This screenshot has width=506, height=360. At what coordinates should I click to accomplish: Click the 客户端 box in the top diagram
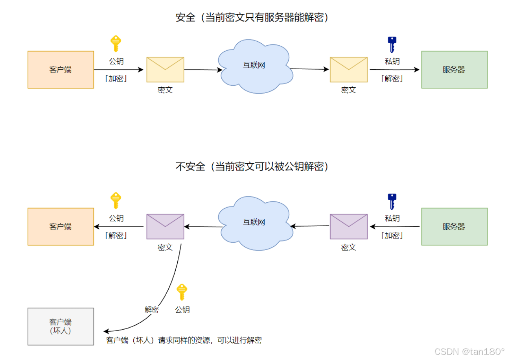coord(61,70)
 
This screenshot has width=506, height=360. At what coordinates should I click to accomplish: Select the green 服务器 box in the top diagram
coord(454,70)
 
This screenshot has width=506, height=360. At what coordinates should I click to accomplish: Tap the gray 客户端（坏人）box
coord(61,327)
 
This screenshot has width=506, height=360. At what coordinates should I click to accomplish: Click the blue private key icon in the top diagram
coord(392,44)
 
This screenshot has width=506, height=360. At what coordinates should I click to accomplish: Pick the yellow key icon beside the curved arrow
coord(181,292)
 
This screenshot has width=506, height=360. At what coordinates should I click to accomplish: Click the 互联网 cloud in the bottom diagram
coord(254,223)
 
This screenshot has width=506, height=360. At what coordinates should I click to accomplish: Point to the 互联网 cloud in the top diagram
coord(254,66)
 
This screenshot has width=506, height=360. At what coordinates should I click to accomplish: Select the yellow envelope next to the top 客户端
coord(165,70)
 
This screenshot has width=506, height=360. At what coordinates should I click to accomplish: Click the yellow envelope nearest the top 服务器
coord(349,70)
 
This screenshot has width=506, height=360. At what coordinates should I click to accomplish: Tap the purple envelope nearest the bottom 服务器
coord(349,227)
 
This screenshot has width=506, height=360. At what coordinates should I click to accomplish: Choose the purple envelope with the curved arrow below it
coord(165,227)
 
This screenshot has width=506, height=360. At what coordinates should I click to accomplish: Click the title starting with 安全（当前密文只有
coord(252,18)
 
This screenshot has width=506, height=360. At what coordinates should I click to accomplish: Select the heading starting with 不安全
coord(252,167)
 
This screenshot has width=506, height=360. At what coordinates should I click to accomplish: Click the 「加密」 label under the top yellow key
coord(116,78)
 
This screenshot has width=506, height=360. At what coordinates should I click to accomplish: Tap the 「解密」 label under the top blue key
coord(392,78)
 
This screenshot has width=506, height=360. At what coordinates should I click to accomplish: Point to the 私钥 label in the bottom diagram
coord(392,218)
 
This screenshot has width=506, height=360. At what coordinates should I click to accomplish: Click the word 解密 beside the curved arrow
coord(151,310)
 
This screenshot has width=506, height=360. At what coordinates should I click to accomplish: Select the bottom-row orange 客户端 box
coord(61,227)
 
